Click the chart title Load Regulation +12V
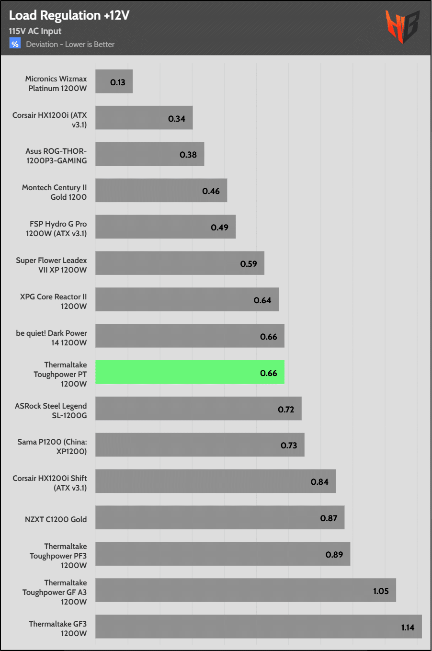click(x=69, y=15)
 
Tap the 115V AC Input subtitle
click(x=35, y=31)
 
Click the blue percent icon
click(x=15, y=44)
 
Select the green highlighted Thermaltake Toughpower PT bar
click(x=190, y=372)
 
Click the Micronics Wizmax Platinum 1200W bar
click(x=114, y=81)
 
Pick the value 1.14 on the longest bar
click(x=408, y=628)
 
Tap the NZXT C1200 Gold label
click(x=56, y=519)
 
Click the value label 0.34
click(x=176, y=119)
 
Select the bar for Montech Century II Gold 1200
click(x=161, y=191)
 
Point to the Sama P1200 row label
click(x=52, y=446)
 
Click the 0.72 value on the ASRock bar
click(x=286, y=410)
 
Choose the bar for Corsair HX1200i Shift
click(x=216, y=481)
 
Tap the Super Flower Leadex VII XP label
click(x=51, y=265)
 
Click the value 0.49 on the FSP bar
click(x=219, y=228)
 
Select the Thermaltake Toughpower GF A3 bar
click(x=245, y=590)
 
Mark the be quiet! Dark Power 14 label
click(x=51, y=338)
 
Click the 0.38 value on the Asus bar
click(x=188, y=155)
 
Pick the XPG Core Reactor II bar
click(x=187, y=299)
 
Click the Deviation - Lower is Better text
click(x=70, y=45)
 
